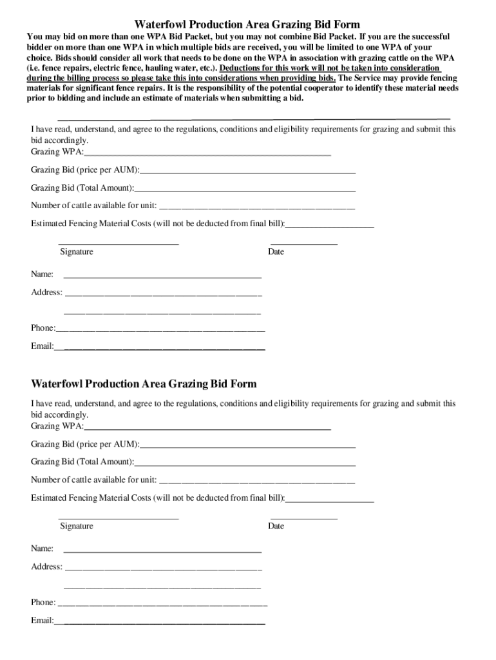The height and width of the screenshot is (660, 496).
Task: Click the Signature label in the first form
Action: (x=77, y=251)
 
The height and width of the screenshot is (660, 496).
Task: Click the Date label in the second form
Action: (x=276, y=526)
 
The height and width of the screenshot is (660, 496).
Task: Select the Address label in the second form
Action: (x=47, y=567)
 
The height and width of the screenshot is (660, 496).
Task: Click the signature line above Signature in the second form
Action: (x=119, y=518)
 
